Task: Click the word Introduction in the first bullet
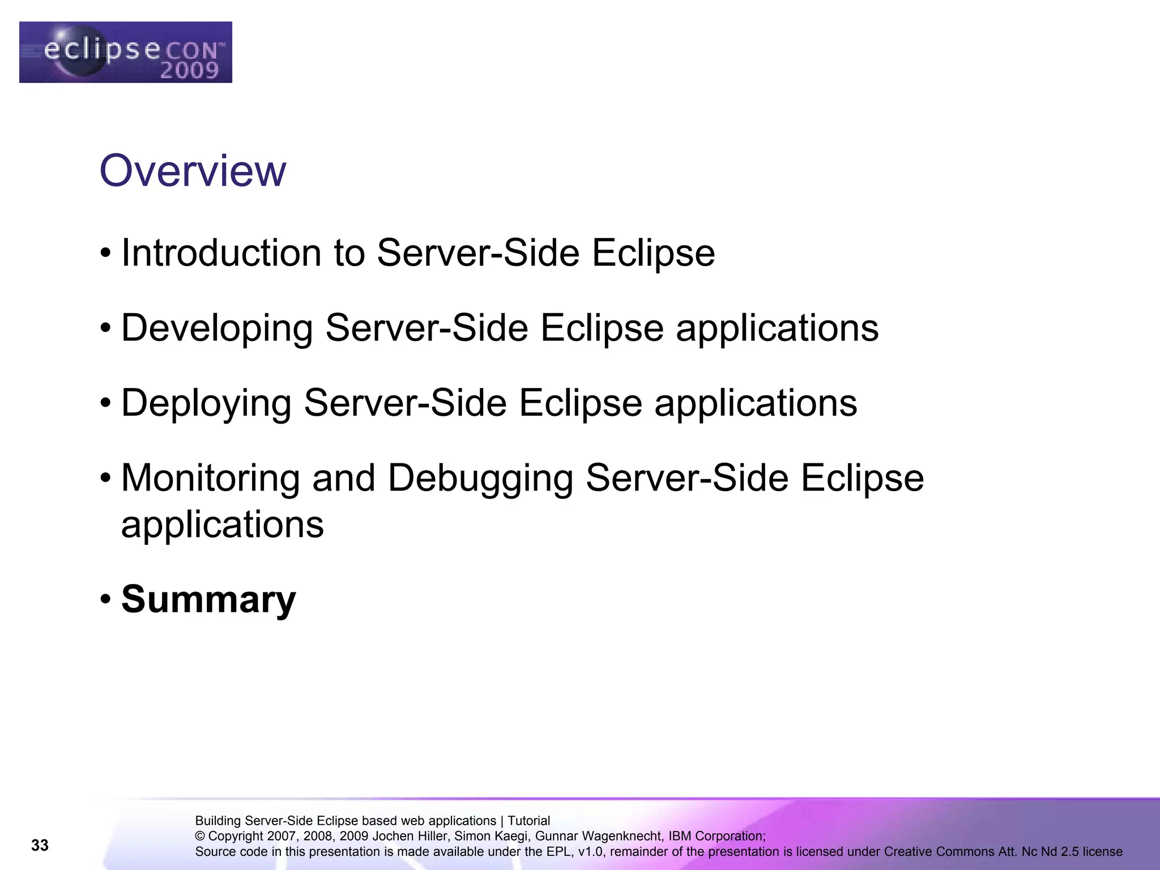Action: tap(221, 253)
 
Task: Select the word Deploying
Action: tap(206, 403)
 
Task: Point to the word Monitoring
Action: tap(210, 478)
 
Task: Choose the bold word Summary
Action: tap(208, 599)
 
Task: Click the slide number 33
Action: tap(40, 845)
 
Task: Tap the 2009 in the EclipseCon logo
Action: tap(189, 70)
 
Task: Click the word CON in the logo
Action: tap(191, 51)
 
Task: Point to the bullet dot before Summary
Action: tap(105, 599)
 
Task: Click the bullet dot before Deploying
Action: tap(105, 403)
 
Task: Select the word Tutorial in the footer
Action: tap(528, 821)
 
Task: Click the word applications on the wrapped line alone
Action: tap(223, 525)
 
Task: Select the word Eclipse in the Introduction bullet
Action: tap(654, 253)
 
